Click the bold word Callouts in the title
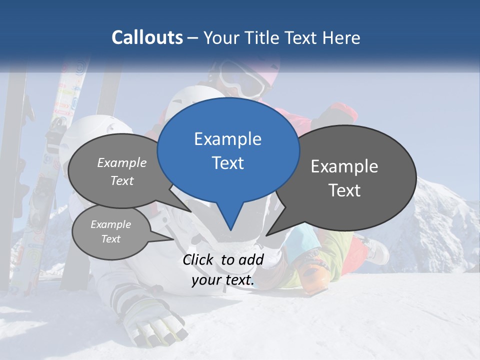coord(147,37)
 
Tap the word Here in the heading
coord(342,37)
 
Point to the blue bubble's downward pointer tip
coord(230,229)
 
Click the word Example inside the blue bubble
coord(227,139)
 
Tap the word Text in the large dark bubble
coord(344,190)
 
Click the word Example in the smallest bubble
coord(110,224)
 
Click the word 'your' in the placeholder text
coord(206,280)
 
